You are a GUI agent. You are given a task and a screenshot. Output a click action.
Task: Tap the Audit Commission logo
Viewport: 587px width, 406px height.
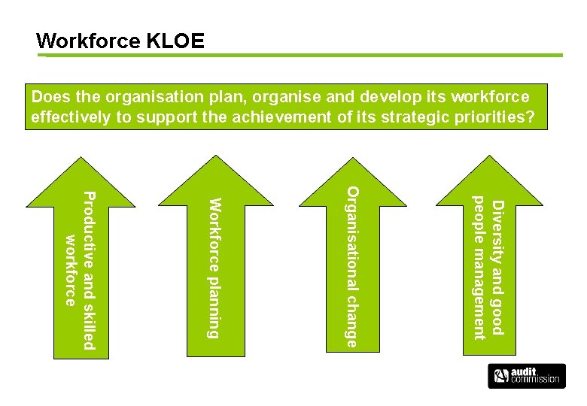coord(526,376)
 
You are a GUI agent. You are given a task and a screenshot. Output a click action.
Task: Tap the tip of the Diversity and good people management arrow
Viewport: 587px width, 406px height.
coord(488,159)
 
